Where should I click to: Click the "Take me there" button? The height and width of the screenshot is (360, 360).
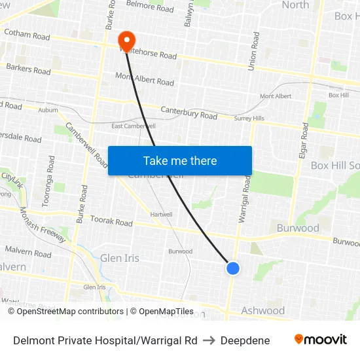[180, 161]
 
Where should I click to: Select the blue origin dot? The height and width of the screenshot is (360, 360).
[232, 268]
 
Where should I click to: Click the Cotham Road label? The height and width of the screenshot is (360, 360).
[27, 34]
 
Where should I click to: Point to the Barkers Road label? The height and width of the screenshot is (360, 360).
[28, 69]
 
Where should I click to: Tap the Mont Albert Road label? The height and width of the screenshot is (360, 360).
[145, 79]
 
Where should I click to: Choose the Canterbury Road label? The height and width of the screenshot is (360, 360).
[189, 113]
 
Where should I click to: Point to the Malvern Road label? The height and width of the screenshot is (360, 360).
[28, 252]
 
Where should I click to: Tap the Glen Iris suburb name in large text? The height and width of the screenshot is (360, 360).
[119, 258]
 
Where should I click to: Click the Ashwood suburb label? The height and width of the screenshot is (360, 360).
[263, 310]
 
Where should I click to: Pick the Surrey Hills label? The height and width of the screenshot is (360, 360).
[249, 118]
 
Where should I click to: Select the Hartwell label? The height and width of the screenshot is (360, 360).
[161, 214]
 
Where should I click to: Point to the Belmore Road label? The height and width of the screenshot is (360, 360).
[150, 9]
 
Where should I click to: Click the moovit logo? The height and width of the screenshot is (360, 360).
[321, 340]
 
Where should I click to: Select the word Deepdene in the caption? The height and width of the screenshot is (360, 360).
[245, 340]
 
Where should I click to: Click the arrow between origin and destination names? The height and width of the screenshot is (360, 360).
[209, 340]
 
